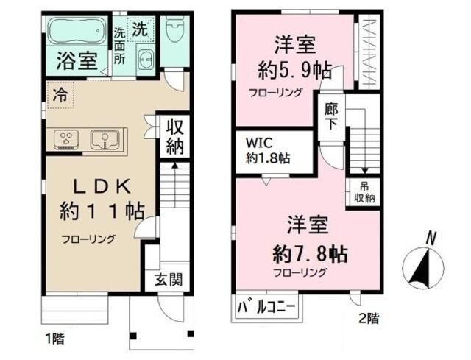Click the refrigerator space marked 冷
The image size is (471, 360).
click(60, 95)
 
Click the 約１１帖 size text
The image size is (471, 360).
click(102, 211)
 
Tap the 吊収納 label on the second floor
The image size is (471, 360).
click(365, 192)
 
